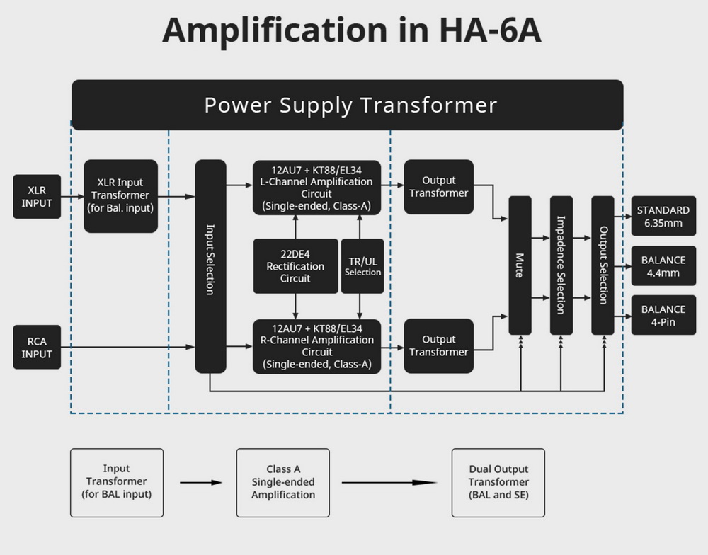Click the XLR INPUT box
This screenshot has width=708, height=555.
[x=37, y=197]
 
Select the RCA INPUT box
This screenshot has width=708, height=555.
[x=37, y=348]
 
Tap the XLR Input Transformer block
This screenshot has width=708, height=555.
[x=121, y=196]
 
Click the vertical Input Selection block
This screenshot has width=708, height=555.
[x=210, y=266]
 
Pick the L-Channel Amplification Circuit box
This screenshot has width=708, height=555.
[x=316, y=188]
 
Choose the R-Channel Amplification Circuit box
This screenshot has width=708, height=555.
[x=316, y=346]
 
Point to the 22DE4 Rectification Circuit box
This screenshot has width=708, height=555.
[x=295, y=266]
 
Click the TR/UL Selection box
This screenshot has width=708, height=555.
[x=362, y=266]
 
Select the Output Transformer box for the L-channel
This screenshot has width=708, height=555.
[x=439, y=187]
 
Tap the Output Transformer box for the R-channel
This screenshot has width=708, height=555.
[x=439, y=346]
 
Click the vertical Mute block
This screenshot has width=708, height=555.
[x=520, y=265]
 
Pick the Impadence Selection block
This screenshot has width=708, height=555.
[x=561, y=265]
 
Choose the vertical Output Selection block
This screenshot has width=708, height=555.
[x=603, y=265]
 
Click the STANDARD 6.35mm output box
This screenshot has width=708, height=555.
[x=663, y=216]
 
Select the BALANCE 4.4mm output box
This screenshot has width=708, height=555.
[x=663, y=265]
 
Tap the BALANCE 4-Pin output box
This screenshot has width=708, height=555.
[x=663, y=315]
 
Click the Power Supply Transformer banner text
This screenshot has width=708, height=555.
[x=350, y=105]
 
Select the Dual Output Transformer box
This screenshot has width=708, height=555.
[x=498, y=482]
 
